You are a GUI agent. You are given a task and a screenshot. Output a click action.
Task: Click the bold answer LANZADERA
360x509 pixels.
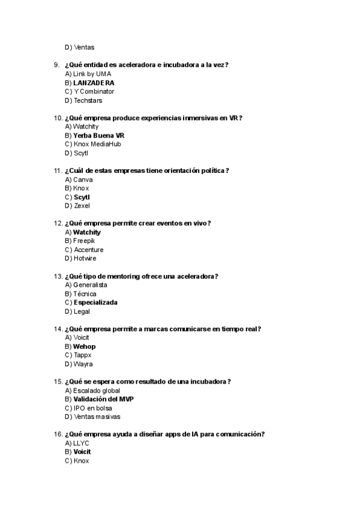(x=94, y=83)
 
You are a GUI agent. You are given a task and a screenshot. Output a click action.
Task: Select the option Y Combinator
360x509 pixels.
(x=94, y=91)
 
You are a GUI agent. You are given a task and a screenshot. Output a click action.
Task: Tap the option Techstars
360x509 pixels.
(x=88, y=100)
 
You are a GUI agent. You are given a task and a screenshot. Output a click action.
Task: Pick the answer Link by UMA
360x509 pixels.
(x=92, y=74)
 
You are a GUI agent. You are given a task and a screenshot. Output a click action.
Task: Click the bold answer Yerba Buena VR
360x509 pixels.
(x=98, y=136)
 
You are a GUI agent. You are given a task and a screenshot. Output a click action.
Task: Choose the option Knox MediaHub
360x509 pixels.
(x=97, y=144)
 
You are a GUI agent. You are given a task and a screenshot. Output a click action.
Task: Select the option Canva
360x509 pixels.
(x=83, y=179)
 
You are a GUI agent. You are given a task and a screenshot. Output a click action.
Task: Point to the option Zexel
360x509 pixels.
(x=82, y=206)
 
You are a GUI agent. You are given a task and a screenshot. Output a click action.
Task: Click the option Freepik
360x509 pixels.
(x=84, y=241)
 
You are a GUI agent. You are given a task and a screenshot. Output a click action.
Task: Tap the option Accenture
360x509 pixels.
(x=88, y=250)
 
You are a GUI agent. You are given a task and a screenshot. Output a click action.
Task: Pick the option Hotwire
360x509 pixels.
(x=85, y=258)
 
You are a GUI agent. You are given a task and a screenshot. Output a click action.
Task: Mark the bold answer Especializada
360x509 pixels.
(x=95, y=303)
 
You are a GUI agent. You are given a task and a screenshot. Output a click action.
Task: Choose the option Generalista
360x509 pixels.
(x=90, y=285)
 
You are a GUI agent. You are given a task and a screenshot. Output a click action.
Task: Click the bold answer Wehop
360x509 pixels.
(x=84, y=346)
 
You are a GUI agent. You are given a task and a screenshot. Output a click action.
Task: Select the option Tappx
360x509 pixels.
(x=82, y=355)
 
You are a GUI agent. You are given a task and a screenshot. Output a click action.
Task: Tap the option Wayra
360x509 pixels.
(x=83, y=364)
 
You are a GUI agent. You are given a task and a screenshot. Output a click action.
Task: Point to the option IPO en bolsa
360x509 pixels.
(x=92, y=408)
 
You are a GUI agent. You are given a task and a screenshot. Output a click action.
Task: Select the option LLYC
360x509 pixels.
(x=81, y=443)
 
